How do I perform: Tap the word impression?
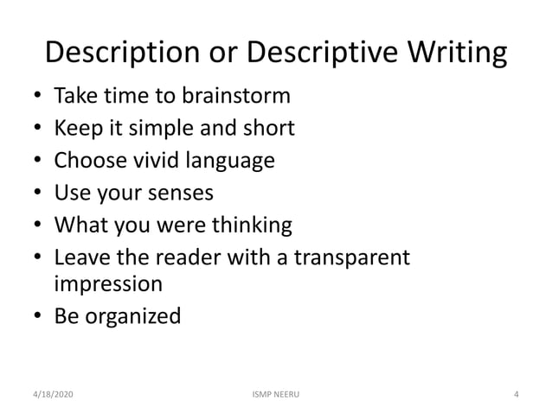pyautogui.click(x=109, y=283)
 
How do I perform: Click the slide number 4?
pyautogui.click(x=516, y=395)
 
